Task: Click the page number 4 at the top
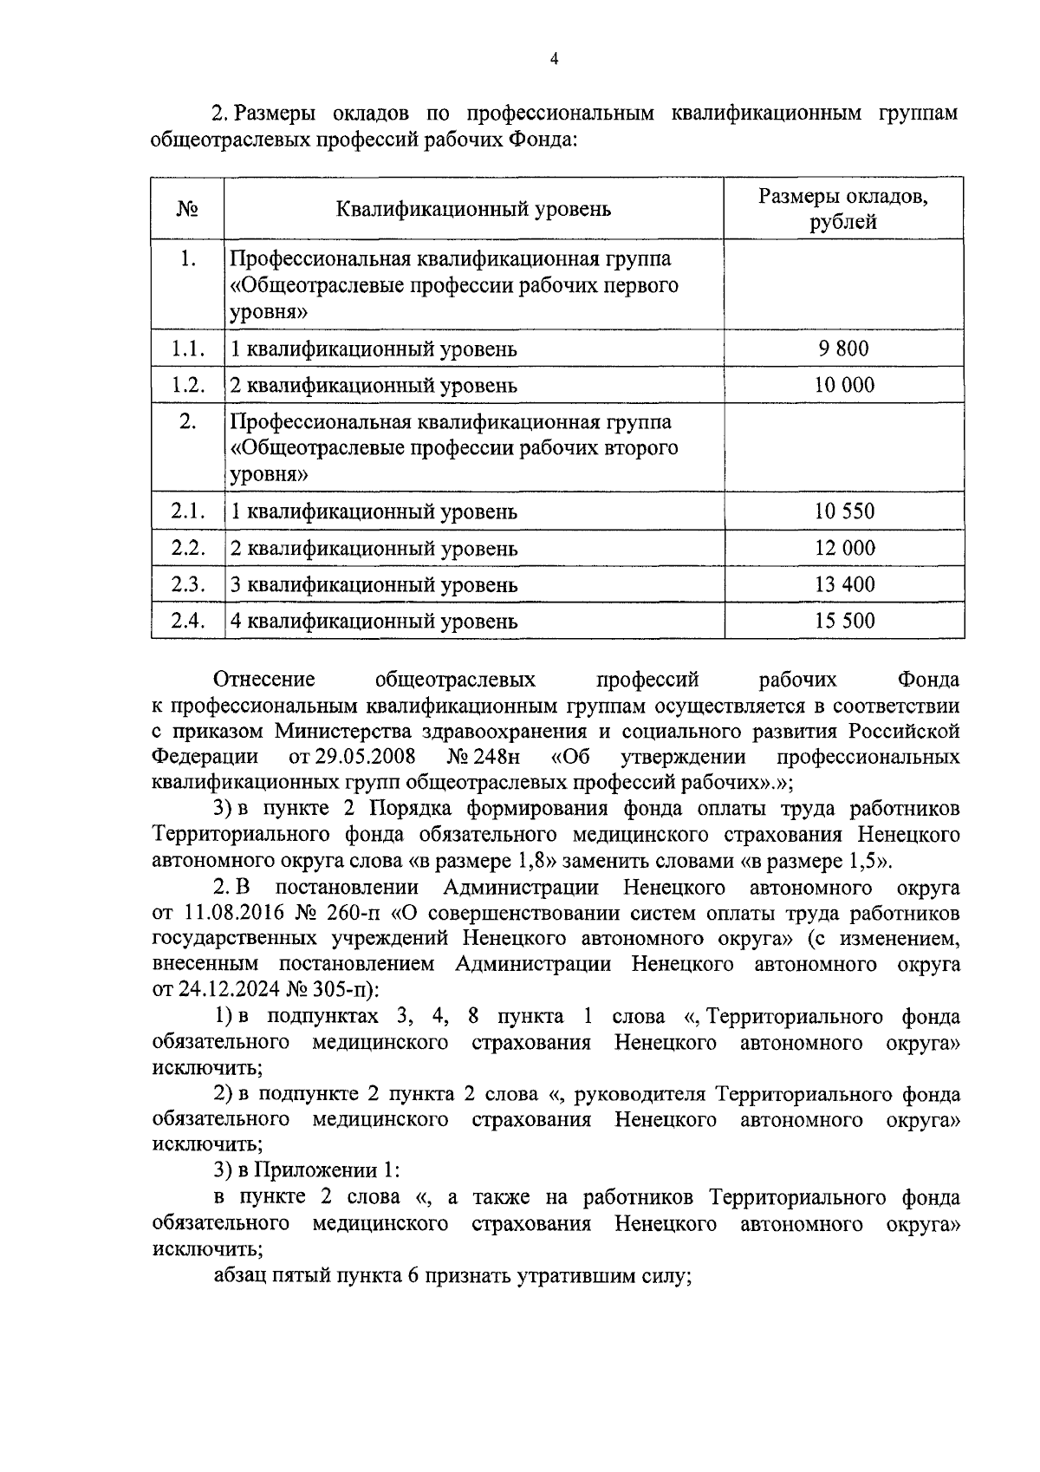tap(555, 59)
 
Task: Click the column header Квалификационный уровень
tap(473, 209)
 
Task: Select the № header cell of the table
tap(187, 209)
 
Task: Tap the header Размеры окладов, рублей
tap(843, 209)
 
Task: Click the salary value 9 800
tap(843, 348)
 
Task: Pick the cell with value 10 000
tap(844, 385)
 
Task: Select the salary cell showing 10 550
tap(844, 511)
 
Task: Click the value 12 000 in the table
tap(844, 548)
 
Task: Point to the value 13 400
tap(844, 584)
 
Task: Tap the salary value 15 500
tap(844, 621)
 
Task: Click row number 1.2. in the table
tap(188, 385)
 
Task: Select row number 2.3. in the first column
tap(188, 584)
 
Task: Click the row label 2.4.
tap(188, 621)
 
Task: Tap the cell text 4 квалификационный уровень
tap(374, 622)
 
